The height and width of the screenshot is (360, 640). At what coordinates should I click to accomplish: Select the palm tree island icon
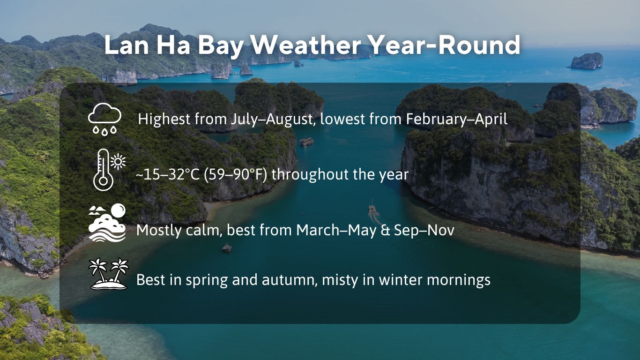tap(108, 274)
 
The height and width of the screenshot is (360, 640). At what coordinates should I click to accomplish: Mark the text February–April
tap(457, 119)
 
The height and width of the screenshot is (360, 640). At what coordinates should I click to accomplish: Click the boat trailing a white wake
tap(373, 208)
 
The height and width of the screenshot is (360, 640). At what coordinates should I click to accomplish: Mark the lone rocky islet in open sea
tap(587, 61)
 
